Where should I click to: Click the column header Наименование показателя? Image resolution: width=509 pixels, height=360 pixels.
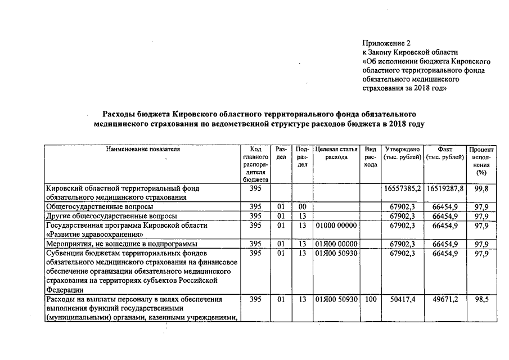[142, 149]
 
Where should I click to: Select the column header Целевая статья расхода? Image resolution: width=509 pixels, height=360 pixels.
[336, 153]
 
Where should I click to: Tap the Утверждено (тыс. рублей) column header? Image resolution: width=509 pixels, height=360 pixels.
[402, 153]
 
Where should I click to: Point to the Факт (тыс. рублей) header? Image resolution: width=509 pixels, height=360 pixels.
[444, 153]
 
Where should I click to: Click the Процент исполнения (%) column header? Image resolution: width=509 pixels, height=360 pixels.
[481, 161]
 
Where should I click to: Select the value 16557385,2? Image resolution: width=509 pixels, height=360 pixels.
[402, 189]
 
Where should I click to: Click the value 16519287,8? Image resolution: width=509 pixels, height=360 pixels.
[444, 189]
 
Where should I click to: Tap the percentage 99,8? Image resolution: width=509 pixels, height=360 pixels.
[481, 189]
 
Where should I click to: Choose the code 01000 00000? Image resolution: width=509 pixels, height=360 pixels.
[336, 226]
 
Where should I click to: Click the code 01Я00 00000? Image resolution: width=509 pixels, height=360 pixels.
[336, 244]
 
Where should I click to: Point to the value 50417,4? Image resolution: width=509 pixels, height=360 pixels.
[402, 300]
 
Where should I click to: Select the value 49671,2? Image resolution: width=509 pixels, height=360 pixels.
[444, 300]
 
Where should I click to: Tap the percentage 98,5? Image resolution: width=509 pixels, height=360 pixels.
[481, 300]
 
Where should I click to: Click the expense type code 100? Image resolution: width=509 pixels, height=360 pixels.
[370, 300]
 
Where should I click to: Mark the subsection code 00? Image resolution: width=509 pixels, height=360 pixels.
[302, 207]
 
